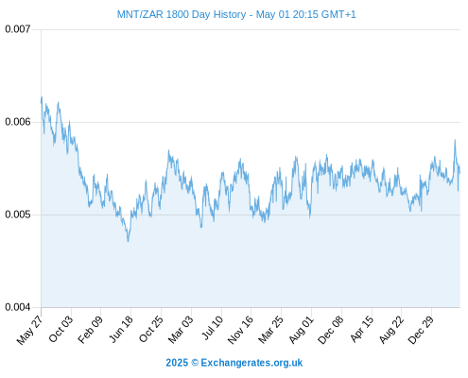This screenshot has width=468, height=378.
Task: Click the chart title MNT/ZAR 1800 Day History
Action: [x=182, y=14]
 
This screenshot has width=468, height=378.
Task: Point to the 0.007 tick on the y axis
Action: [x=18, y=29]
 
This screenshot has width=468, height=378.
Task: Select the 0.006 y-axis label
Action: [x=18, y=122]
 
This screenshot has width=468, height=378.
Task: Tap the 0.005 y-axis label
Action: [x=18, y=215]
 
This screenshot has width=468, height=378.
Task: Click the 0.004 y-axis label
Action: [x=18, y=307]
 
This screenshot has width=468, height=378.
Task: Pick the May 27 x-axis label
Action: [x=29, y=330]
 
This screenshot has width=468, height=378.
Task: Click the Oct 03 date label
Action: [x=61, y=329]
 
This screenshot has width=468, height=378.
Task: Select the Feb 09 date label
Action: [x=90, y=330]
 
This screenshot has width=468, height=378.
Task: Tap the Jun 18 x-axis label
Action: [x=121, y=329]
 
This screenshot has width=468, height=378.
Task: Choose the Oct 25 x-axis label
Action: [x=151, y=329]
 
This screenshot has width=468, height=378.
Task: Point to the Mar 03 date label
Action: [x=181, y=330]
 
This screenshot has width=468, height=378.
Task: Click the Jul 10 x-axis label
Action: [x=213, y=328]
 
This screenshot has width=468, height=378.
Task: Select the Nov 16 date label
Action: [x=240, y=330]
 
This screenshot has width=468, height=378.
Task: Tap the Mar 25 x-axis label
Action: [x=270, y=330]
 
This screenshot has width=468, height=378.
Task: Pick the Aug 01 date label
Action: [x=302, y=330]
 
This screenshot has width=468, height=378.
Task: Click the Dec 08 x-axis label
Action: [x=331, y=330]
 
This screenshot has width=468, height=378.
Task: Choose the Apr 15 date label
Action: [x=362, y=329]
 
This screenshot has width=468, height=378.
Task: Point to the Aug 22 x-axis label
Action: [x=391, y=330]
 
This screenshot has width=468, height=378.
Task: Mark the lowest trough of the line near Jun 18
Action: [x=128, y=241]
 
